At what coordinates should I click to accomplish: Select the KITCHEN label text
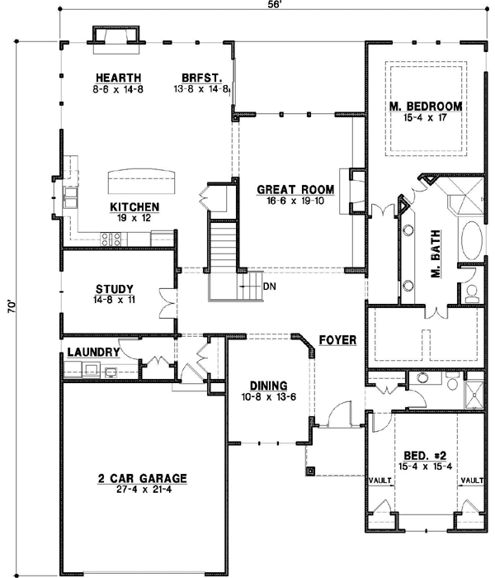click(x=134, y=207)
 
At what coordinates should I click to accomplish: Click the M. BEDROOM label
click(x=425, y=107)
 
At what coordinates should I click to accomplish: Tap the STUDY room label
click(x=115, y=289)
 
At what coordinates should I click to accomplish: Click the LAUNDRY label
click(x=94, y=352)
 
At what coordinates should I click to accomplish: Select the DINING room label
click(x=266, y=385)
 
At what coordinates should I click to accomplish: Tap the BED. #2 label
click(x=425, y=455)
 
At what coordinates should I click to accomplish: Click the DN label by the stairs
click(x=269, y=287)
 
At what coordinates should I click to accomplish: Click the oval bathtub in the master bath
click(x=472, y=240)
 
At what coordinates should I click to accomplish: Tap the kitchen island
click(x=142, y=178)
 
